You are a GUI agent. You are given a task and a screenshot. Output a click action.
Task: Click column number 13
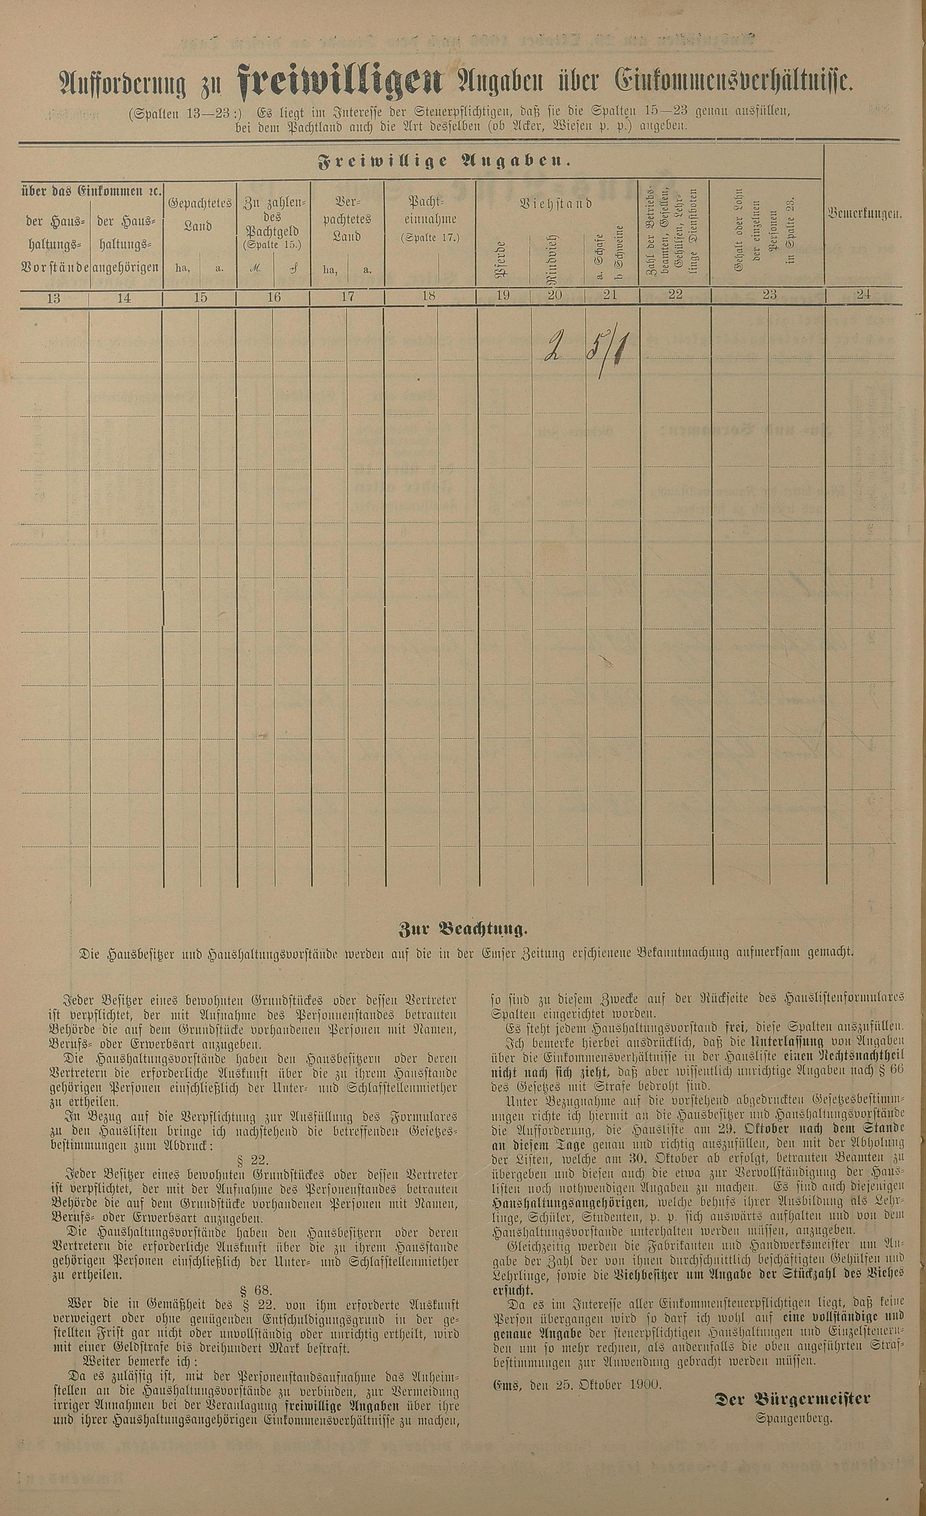tap(54, 298)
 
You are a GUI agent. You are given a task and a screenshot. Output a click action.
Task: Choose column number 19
tap(503, 294)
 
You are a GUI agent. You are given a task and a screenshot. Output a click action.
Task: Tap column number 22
tap(675, 294)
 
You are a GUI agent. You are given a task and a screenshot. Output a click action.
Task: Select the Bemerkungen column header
tap(865, 215)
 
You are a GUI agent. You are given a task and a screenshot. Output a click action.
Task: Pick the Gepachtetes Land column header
tap(200, 215)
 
